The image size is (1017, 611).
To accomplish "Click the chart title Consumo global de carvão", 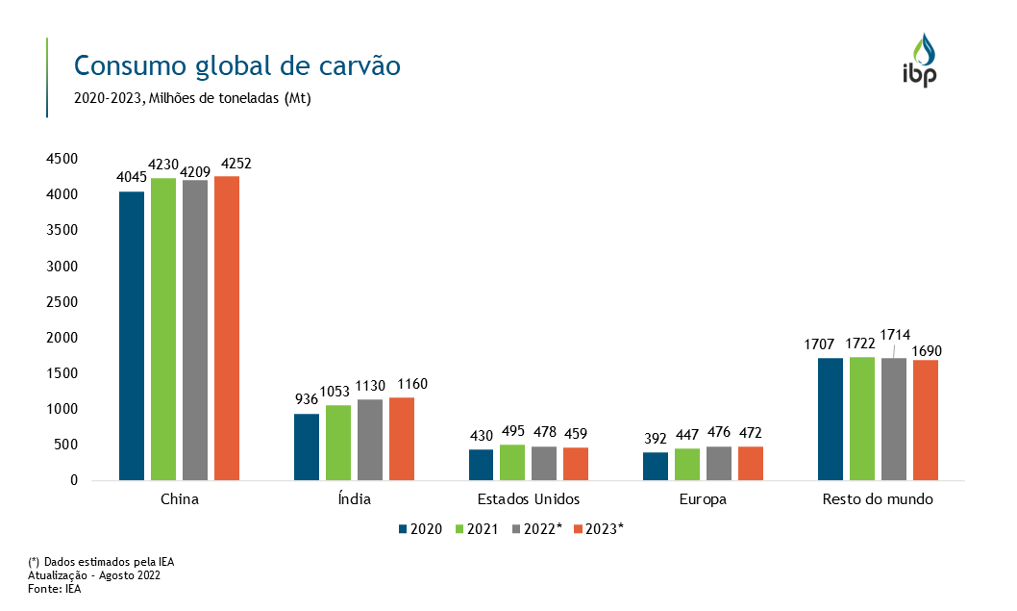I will tap(236, 65).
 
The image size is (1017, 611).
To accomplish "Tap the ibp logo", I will tap(919, 61).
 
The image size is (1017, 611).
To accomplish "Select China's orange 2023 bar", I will tap(227, 327).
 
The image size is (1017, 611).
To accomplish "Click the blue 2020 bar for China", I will tap(132, 335).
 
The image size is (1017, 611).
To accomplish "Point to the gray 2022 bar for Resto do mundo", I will tap(894, 419).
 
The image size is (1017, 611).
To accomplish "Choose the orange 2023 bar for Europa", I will tap(751, 463).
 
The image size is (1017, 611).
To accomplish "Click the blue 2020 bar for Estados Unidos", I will tap(482, 465).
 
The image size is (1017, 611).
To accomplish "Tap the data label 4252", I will tap(236, 163).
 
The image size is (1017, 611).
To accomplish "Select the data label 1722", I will tap(861, 343).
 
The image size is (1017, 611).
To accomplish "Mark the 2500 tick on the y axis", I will tap(62, 302).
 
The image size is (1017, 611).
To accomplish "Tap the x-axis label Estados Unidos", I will tap(529, 499).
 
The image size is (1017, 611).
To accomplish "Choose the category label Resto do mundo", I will tap(878, 499).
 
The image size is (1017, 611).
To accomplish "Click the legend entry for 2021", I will tap(476, 529).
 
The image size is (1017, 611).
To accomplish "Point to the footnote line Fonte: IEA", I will tap(55, 589).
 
